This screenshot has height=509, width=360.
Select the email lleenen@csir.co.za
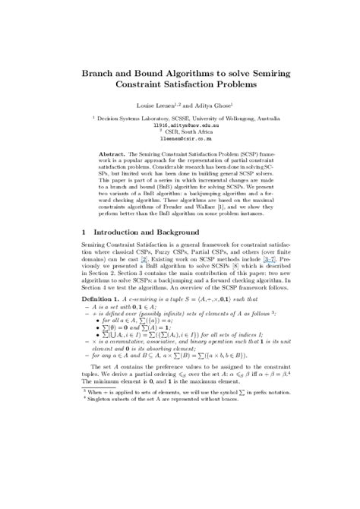point(179,141)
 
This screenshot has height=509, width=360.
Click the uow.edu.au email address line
point(179,125)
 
